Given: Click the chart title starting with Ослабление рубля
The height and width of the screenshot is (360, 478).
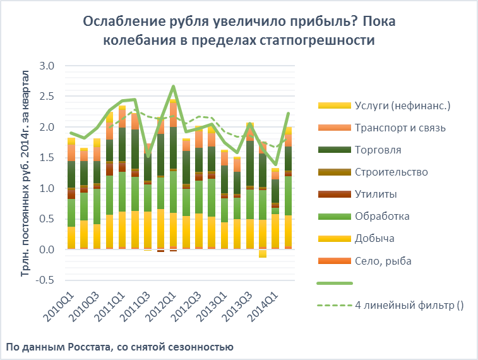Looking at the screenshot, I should [x=239, y=30].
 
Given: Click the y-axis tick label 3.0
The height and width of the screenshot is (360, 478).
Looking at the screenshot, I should [x=47, y=66].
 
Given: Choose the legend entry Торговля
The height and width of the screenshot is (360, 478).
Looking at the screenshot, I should [x=378, y=150].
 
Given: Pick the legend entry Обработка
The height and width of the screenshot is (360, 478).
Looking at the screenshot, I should [x=382, y=216].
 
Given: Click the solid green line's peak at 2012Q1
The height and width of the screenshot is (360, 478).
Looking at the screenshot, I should [x=173, y=87].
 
